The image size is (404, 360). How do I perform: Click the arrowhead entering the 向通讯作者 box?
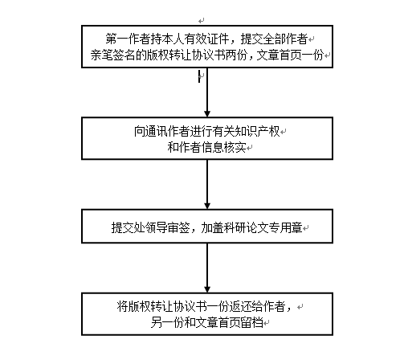pyautogui.click(x=207, y=113)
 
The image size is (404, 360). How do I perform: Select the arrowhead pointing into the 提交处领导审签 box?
pyautogui.click(x=207, y=206)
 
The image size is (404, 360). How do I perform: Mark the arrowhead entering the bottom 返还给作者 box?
pyautogui.click(x=207, y=289)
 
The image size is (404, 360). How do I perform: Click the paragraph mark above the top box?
pyautogui.click(x=202, y=21)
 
